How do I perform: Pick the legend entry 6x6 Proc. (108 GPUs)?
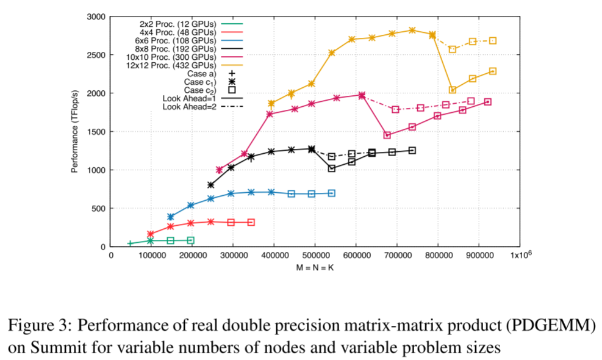[173, 41]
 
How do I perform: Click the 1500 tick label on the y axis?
[96, 132]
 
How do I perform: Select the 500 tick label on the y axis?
[98, 208]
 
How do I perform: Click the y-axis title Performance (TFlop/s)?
[74, 131]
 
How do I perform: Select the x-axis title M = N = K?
[315, 267]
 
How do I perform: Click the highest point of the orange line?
[412, 30]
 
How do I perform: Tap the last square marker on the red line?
[251, 222]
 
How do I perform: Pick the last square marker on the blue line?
[332, 193]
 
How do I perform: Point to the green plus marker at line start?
[130, 243]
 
